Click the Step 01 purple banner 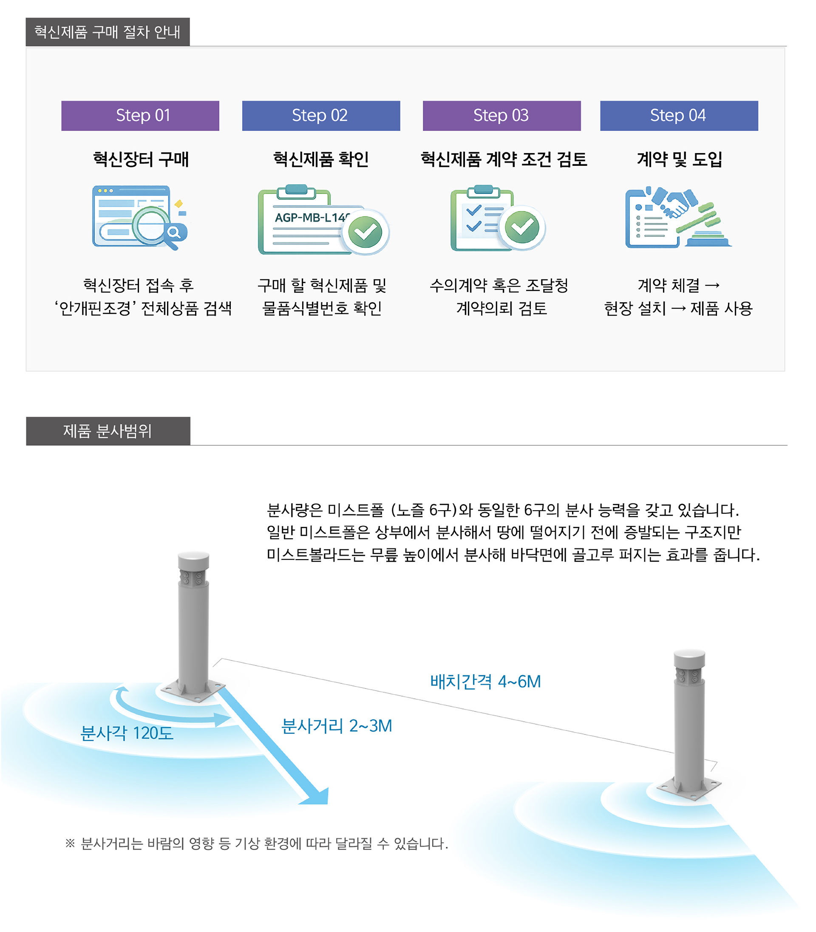pos(140,116)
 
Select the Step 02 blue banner pos(320,116)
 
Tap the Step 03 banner pos(501,116)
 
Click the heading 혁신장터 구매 pos(141,159)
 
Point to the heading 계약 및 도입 pos(679,159)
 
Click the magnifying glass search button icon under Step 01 pos(173,232)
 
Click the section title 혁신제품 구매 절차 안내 pos(108,32)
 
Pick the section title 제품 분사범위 pos(108,431)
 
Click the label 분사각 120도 pos(127,733)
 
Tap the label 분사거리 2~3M pos(337,726)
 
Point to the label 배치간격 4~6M pos(485,682)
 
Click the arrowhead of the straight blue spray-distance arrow pos(317,796)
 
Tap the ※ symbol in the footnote pos(70,843)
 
